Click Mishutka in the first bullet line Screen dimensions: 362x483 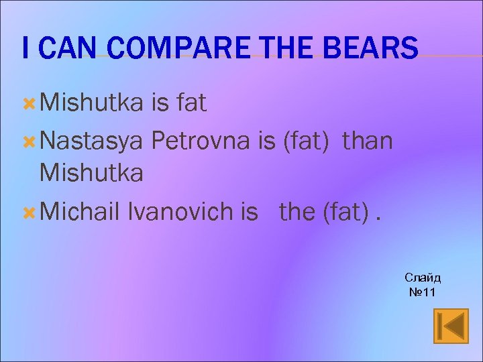pyautogui.click(x=92, y=103)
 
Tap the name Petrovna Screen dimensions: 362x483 pyautogui.click(x=202, y=141)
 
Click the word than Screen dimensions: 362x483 pyautogui.click(x=368, y=141)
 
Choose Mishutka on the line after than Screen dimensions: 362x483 pyautogui.click(x=92, y=173)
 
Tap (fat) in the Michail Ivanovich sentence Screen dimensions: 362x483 pyautogui.click(x=346, y=212)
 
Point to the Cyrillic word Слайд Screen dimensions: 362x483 pyautogui.click(x=423, y=278)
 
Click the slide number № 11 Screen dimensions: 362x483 pyautogui.click(x=423, y=292)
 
